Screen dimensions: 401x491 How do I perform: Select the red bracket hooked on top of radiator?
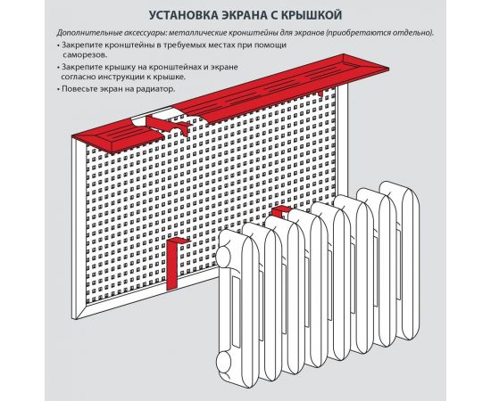(x=281, y=212)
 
